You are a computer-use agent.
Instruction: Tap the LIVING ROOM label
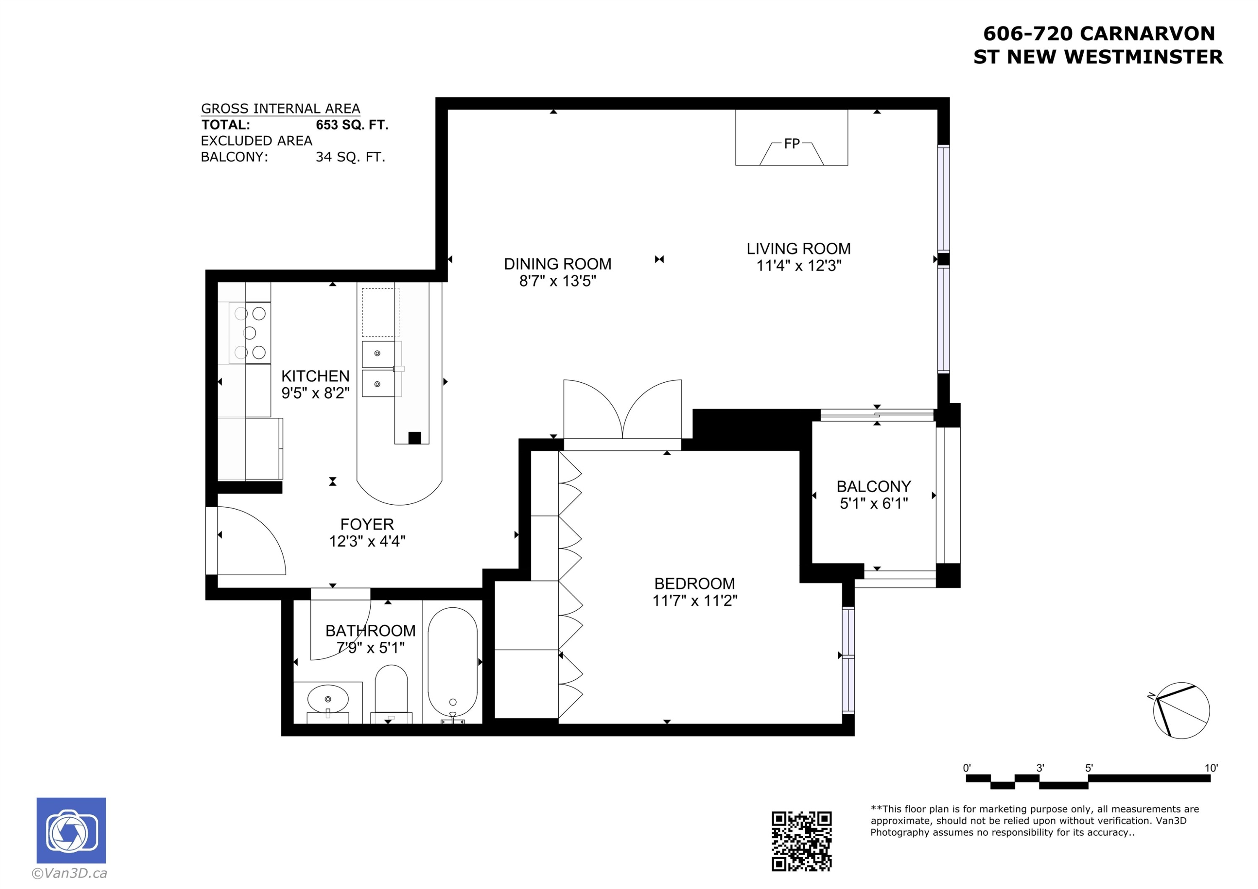(x=798, y=249)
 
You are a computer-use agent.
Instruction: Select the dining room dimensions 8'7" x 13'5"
(x=557, y=281)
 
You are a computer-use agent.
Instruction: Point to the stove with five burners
(x=250, y=332)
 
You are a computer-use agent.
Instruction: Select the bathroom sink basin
(x=327, y=699)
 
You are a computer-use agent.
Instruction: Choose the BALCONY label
(x=873, y=486)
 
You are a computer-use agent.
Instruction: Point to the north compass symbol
(x=1181, y=710)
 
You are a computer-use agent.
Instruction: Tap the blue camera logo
(x=71, y=830)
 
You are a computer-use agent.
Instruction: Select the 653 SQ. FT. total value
(x=352, y=125)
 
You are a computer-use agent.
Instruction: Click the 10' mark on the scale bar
(x=1211, y=768)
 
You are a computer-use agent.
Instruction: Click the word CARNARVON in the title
(x=1147, y=34)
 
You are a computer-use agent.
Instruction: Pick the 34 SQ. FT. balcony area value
(x=350, y=157)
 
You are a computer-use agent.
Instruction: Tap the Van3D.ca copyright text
(x=70, y=873)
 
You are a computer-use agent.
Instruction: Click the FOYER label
(x=366, y=524)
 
